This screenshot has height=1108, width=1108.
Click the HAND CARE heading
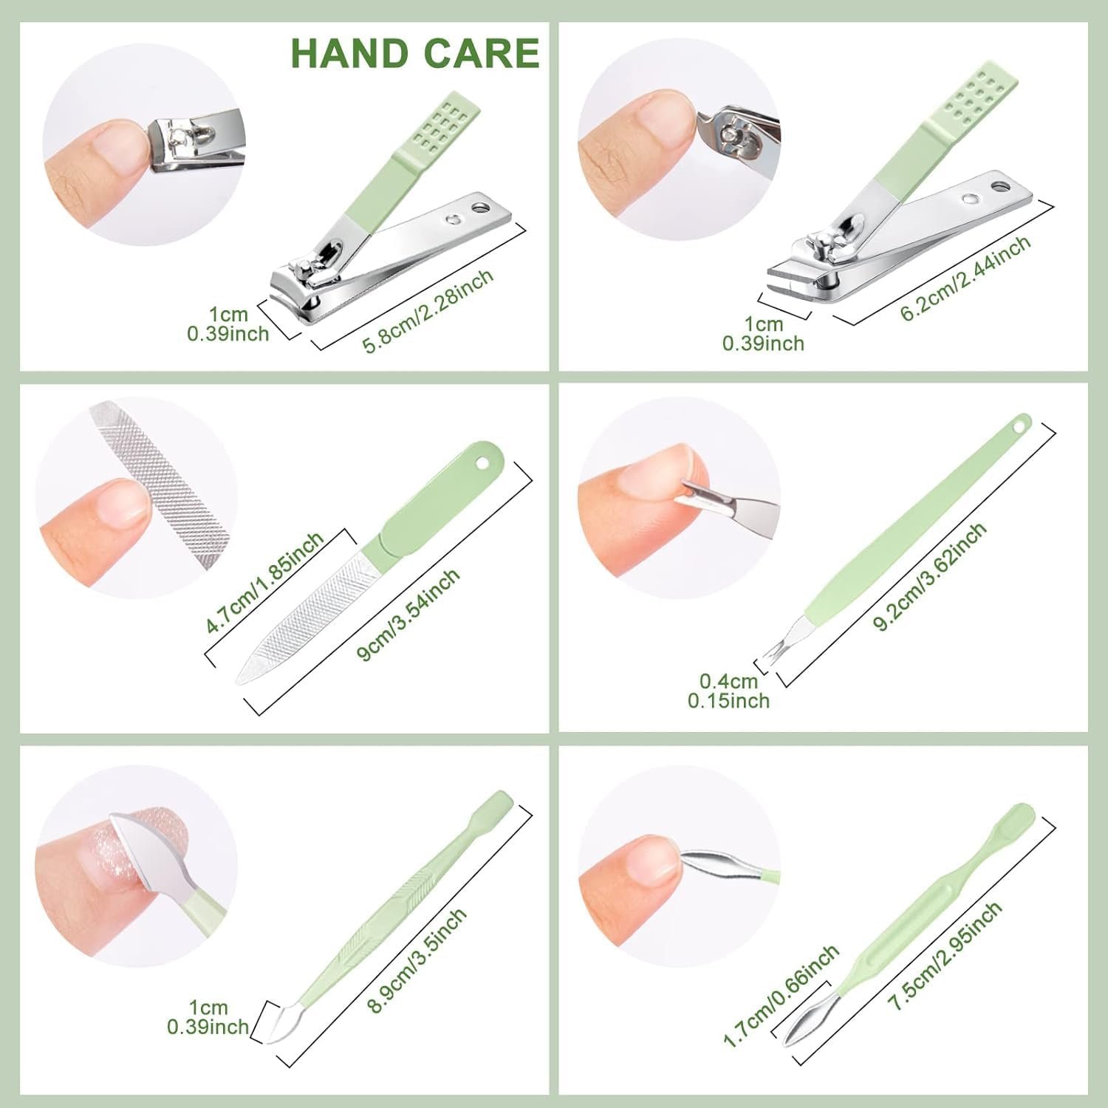pos(415,52)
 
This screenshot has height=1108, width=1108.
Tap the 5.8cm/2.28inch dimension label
pos(428,312)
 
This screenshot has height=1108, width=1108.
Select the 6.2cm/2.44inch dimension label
pos(965,278)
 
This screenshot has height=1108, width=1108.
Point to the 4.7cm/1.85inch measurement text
pos(265,584)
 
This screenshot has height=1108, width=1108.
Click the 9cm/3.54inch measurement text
pos(408,615)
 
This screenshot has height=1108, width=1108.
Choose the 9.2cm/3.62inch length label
pos(930,576)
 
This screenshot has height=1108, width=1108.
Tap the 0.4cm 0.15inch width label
pos(729,691)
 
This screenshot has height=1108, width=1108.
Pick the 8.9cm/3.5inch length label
pos(417,960)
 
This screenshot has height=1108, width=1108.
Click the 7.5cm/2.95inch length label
pos(945,955)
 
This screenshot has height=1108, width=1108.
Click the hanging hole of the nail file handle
pos(484,462)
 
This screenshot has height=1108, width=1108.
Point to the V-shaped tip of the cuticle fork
pos(773,651)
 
